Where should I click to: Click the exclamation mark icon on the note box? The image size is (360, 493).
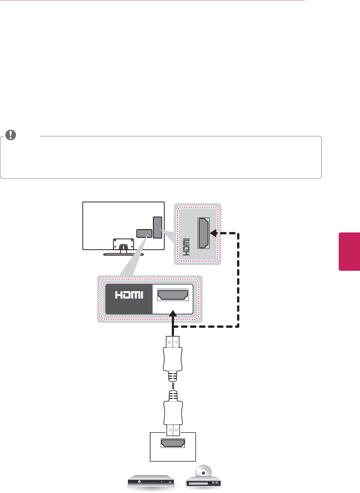[11, 135]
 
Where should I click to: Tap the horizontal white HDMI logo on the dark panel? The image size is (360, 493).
[129, 295]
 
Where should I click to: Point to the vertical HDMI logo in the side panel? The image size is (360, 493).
[186, 247]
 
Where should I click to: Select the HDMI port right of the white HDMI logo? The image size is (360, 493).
[173, 295]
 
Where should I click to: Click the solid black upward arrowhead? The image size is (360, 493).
[173, 315]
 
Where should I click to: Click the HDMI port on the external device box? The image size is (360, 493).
[173, 443]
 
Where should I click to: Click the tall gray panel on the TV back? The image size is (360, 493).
[157, 227]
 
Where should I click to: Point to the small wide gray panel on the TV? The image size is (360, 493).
[144, 233]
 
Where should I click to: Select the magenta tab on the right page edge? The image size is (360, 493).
[349, 251]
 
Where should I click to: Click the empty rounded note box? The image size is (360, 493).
[161, 158]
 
